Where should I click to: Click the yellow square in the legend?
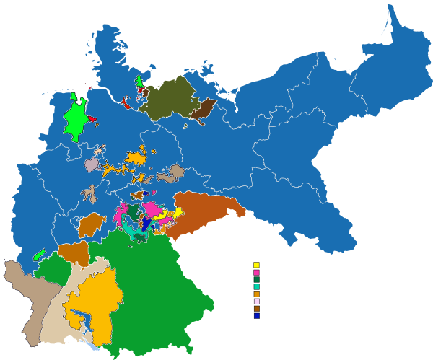click(256, 265)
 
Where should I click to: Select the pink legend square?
click(256, 272)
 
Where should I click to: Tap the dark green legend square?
click(256, 279)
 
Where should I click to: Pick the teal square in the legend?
click(256, 286)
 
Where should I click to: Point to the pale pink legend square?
click(256, 301)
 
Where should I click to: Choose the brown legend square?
click(256, 308)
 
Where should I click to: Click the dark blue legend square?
click(256, 315)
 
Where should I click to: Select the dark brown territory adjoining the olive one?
click(203, 108)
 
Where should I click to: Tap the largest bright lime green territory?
click(75, 120)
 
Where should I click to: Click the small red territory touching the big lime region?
click(92, 118)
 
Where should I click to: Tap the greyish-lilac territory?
click(91, 165)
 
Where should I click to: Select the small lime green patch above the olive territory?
click(139, 80)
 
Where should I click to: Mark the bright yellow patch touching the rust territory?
click(177, 213)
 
